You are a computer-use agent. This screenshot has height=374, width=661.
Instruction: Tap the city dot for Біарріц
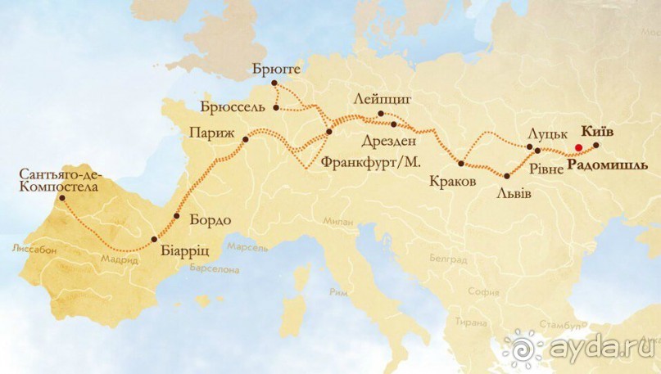(154, 239)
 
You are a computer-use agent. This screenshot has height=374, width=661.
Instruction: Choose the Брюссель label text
(233, 107)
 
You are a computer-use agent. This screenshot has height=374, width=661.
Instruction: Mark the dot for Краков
(461, 164)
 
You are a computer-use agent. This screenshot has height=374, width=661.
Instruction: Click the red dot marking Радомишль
(578, 147)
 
